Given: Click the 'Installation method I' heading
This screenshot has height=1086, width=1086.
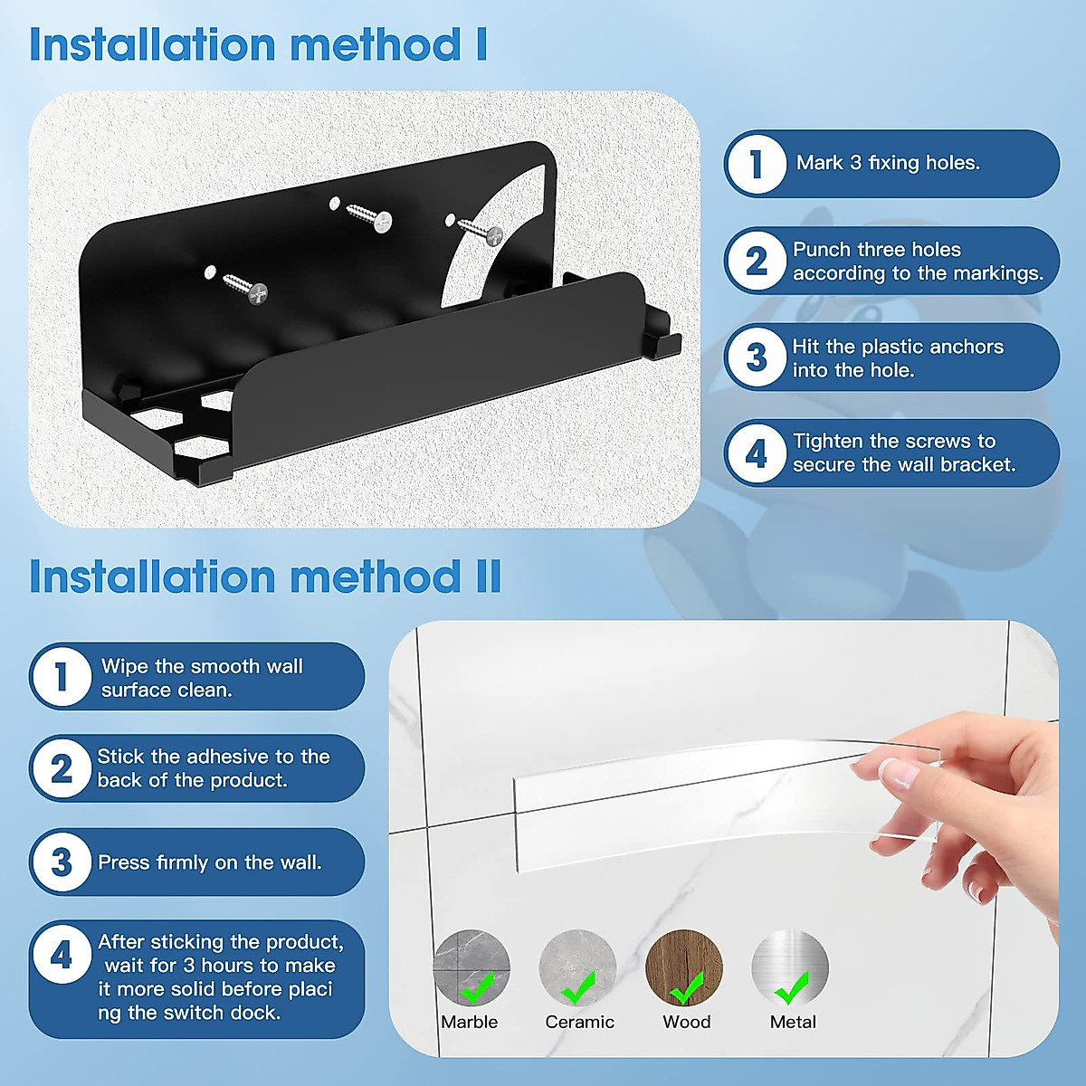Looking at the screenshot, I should [x=258, y=45].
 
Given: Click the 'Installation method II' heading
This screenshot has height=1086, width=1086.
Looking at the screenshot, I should [x=265, y=577].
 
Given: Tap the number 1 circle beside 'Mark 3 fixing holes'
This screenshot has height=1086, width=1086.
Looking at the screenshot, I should [x=756, y=164].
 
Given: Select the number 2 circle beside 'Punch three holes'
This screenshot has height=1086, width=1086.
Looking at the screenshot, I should [x=756, y=262].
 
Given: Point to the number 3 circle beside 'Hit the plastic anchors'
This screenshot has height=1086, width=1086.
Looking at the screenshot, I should [x=756, y=357].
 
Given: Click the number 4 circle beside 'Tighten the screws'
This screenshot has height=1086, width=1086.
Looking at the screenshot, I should [x=756, y=453].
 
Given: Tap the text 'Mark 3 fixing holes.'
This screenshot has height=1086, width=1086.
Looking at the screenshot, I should [x=888, y=163].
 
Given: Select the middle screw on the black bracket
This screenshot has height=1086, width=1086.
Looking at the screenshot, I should [x=368, y=216].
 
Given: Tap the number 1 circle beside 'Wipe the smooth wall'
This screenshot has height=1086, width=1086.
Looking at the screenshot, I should [x=61, y=676].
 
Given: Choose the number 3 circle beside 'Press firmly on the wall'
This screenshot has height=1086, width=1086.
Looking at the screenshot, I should [x=61, y=862].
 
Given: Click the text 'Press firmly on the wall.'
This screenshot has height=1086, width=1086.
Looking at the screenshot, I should [x=209, y=862].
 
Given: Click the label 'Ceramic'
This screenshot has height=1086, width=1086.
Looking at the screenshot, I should [x=579, y=1022].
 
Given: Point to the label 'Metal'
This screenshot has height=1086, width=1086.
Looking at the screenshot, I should [x=793, y=1022].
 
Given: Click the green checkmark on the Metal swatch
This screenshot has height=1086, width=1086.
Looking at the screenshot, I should [x=792, y=988].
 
